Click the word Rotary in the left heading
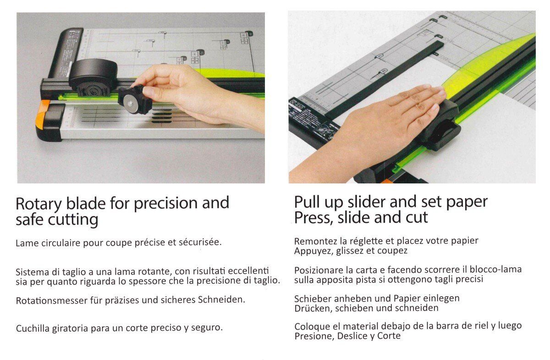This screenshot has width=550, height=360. tap(38, 204)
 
